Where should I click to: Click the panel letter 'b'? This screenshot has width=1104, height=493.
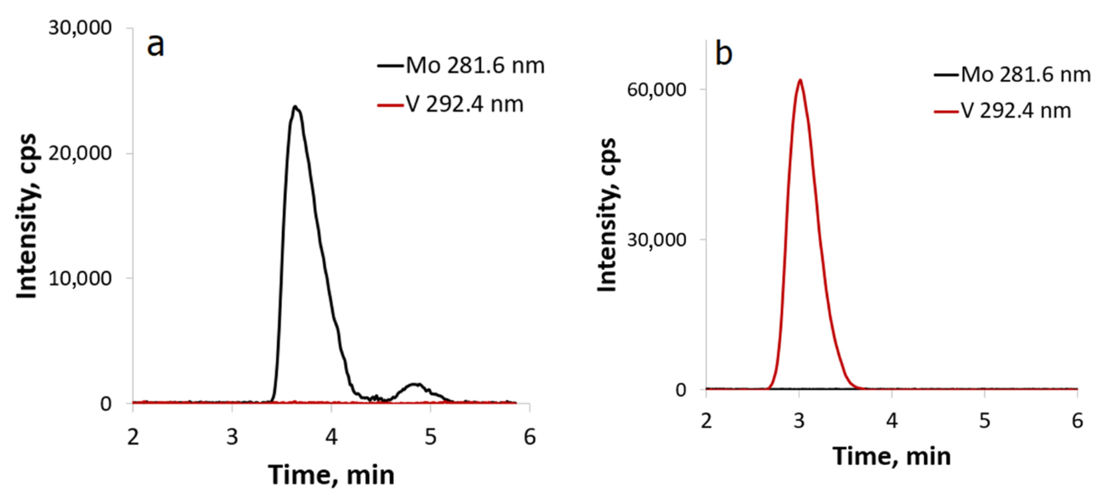[x=724, y=55]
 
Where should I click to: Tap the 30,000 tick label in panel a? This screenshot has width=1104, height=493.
[x=80, y=28]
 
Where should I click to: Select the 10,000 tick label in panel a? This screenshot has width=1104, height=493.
[x=80, y=279]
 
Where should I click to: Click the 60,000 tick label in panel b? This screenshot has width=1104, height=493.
[x=656, y=89]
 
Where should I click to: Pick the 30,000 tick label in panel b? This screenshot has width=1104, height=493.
[x=656, y=239]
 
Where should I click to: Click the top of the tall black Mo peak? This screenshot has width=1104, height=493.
[x=295, y=107]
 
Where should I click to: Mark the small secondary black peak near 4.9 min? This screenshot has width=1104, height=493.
[x=415, y=385]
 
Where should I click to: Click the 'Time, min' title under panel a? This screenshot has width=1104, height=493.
[x=331, y=475]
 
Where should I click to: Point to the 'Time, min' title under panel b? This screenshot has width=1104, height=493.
[x=891, y=456]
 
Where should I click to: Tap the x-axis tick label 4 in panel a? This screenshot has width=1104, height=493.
[x=331, y=437]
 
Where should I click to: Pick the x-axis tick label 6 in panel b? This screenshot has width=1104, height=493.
[x=1077, y=421]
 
